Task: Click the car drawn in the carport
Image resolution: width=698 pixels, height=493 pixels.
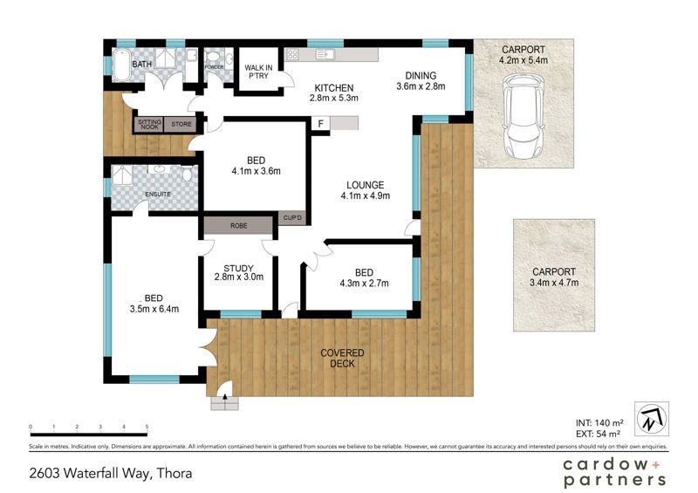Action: tap(523, 117)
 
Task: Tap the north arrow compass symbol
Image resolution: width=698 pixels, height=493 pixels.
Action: tap(652, 419)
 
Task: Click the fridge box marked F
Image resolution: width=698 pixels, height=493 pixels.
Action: tap(320, 123)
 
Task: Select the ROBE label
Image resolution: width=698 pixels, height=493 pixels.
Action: tap(238, 226)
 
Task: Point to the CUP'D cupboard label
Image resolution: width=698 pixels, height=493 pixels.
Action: tap(292, 218)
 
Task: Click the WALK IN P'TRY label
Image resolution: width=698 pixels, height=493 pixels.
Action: tap(258, 72)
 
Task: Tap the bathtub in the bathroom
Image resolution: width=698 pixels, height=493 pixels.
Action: tap(121, 65)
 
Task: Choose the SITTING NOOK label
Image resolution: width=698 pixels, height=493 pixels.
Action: tap(149, 125)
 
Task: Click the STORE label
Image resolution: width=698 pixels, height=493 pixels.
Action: tap(181, 124)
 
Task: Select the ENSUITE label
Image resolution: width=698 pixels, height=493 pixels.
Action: tap(158, 195)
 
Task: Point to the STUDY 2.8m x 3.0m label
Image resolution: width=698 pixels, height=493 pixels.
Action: tap(238, 272)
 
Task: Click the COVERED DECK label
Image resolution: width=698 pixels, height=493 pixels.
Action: tap(342, 359)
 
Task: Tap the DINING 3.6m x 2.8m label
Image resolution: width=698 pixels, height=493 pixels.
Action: tap(421, 81)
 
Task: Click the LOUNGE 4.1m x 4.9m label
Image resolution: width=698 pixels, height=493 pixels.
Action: tap(365, 190)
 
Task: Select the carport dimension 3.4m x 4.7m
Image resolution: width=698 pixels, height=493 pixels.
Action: tap(554, 283)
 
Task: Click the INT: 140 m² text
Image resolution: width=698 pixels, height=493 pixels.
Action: tap(599, 423)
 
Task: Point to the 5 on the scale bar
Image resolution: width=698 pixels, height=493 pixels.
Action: tap(147, 427)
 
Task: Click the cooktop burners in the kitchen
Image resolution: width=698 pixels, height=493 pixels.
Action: tap(292, 55)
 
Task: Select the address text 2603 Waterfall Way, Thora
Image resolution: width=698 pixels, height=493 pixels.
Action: tap(111, 473)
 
